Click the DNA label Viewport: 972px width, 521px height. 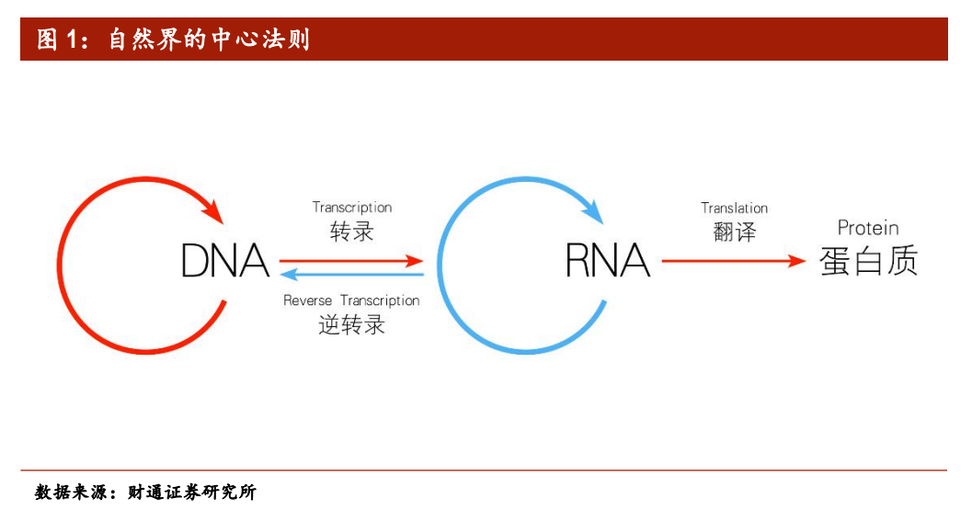coord(224,261)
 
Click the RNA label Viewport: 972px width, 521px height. coord(607,261)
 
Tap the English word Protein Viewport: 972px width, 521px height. coord(867,228)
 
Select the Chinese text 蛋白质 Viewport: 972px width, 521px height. coord(868,262)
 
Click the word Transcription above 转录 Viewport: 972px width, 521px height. coord(352,208)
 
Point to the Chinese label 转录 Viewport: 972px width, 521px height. coord(352,232)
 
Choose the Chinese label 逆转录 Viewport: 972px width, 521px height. coord(352,324)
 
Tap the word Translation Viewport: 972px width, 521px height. coord(734,209)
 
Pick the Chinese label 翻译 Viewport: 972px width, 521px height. coord(734,232)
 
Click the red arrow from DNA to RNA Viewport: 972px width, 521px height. coord(349,261)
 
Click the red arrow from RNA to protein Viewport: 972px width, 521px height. coord(732,261)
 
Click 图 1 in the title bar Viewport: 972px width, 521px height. coord(61,40)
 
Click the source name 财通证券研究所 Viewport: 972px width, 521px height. coord(191,493)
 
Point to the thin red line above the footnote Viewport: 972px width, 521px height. coord(484,470)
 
